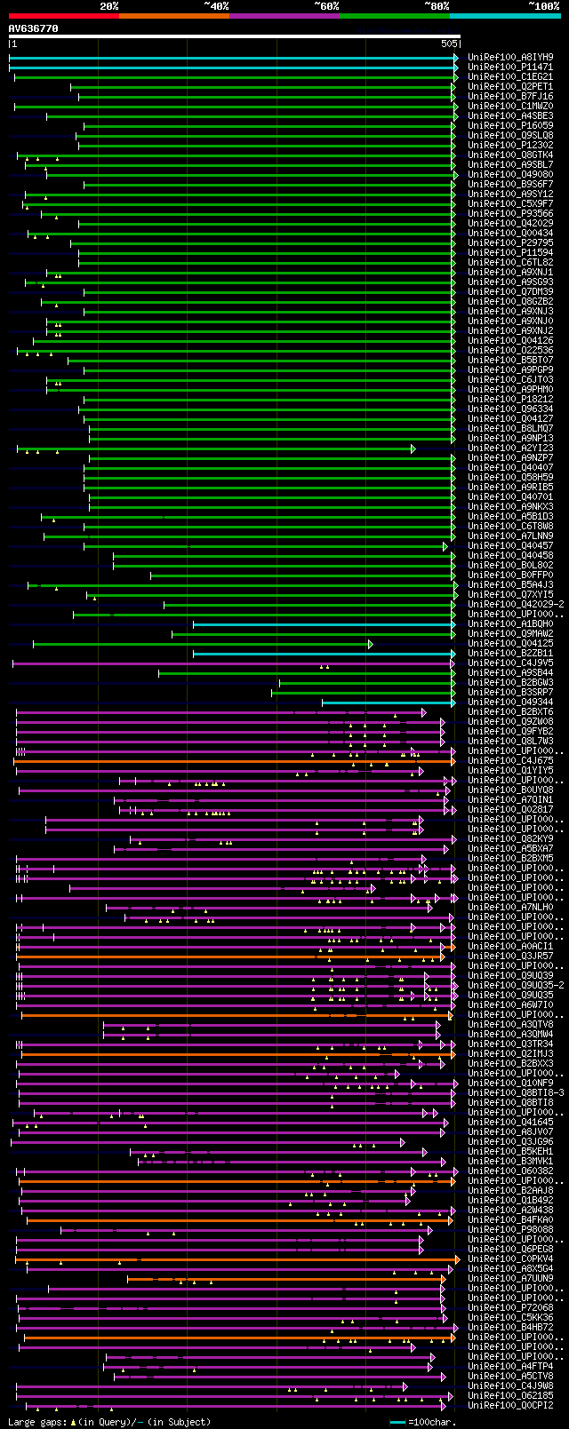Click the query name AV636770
pos(34,28)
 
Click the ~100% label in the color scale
pos(543,6)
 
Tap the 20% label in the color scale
pos(108,6)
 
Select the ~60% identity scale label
pos(326,6)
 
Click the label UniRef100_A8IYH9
pos(510,57)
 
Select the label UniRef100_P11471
pos(510,67)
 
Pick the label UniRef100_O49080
pos(510,174)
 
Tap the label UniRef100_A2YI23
pos(510,449)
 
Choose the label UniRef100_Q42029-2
pos(516,604)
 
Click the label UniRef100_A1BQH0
pos(510,623)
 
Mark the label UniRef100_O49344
pos(510,702)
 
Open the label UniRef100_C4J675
pos(510,760)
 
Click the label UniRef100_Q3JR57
pos(510,956)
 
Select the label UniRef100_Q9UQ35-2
pos(516,985)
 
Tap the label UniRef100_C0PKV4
pos(510,1258)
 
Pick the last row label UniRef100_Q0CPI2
pos(510,1405)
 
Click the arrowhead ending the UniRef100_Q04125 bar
pos(371,644)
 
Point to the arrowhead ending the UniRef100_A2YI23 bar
pos(413,449)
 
